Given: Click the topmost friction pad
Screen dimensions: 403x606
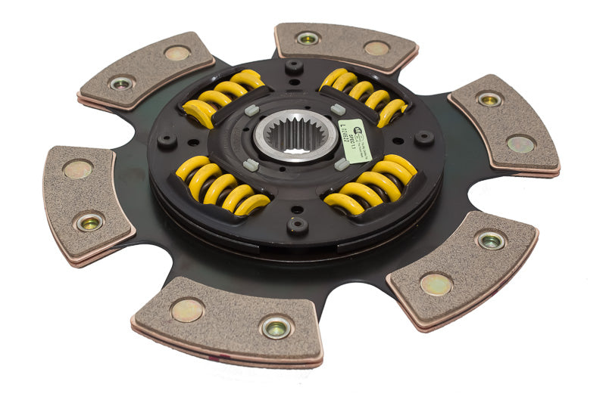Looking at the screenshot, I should tap(345, 47).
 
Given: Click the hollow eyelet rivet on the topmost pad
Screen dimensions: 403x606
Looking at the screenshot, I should tap(308, 39).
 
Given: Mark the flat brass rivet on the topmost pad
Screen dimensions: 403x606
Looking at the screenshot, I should tap(376, 48).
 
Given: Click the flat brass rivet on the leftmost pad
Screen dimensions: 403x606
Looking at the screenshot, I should tap(78, 169).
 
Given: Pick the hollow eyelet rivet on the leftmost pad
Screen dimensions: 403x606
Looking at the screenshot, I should tap(90, 222).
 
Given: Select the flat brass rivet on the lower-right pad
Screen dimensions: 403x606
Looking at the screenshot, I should tap(436, 284).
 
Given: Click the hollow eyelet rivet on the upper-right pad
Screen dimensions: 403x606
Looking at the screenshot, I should tap(489, 99).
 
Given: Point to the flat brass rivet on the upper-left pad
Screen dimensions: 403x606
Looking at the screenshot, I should tap(177, 53).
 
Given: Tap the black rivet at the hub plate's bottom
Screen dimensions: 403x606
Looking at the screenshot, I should tap(297, 225).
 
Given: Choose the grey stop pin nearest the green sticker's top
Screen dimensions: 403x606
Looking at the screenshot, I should tap(338, 109).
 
